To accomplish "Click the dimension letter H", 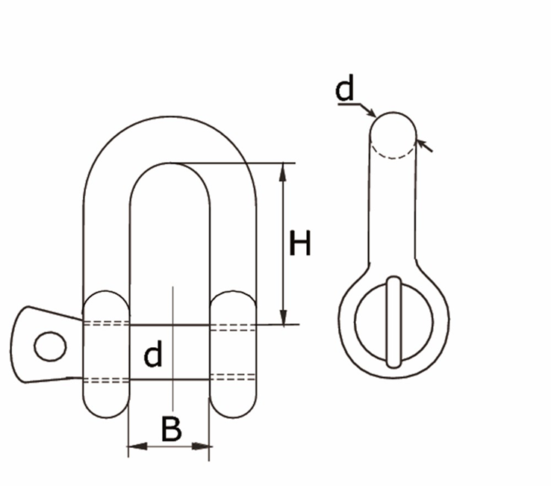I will point(299,244).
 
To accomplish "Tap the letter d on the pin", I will point(152,355).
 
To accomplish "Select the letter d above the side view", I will point(344,90).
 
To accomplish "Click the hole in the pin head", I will point(50,346).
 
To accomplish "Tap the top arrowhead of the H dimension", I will point(283,171).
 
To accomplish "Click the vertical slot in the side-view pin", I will point(394,322).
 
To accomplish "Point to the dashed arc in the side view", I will point(393,155).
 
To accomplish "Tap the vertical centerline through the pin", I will point(172,336).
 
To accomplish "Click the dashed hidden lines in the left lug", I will point(104,324).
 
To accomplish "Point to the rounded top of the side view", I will point(393,119).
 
